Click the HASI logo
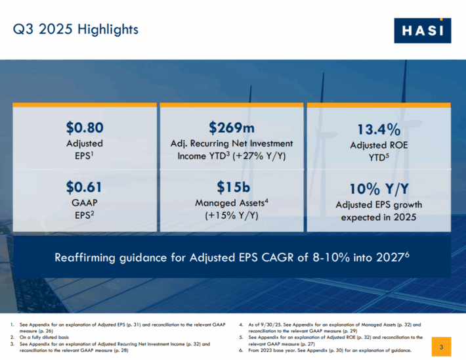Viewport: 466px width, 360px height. coord(423,30)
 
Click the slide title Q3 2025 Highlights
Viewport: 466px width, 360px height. coord(77,30)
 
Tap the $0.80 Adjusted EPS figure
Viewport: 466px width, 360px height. coord(85,127)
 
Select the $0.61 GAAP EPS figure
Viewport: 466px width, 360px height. coord(85,187)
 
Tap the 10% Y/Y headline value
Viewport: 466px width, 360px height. coord(379,189)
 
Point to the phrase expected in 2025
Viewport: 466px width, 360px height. coord(379,217)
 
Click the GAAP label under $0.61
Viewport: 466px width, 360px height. coord(85,202)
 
